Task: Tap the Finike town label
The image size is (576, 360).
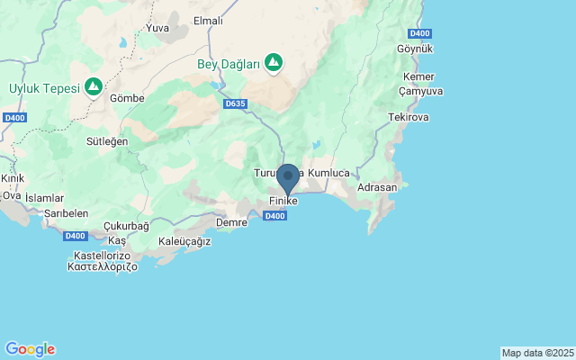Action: point(283,201)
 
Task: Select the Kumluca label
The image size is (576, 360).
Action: point(328,172)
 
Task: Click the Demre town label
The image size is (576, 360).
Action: point(232,221)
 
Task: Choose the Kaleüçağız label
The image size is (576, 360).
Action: point(184,241)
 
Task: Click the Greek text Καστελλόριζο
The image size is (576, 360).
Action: point(102,267)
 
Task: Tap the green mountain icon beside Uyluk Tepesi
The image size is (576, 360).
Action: point(93,87)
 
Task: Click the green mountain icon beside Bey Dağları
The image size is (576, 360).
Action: point(273,63)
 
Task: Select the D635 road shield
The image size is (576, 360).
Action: point(235,103)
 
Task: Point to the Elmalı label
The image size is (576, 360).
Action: point(208,21)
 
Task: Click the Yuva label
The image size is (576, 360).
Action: point(157,28)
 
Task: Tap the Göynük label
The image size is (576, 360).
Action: point(415,48)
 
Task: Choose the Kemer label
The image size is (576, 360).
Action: point(419,76)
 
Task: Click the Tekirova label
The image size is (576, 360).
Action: point(409,118)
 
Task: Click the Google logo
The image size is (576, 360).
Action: point(30,349)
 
